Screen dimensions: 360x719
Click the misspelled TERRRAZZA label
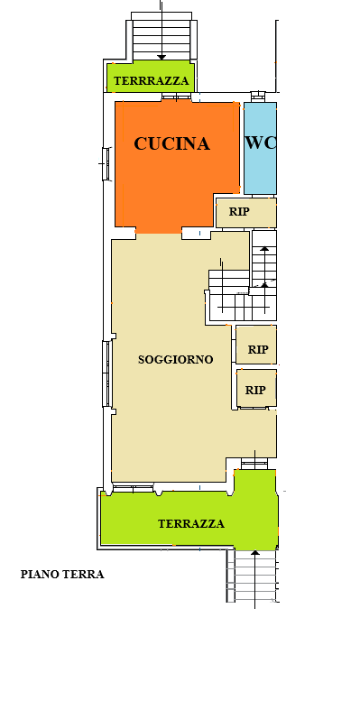click(152, 80)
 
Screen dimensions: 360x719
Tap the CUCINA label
click(172, 143)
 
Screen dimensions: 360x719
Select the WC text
click(261, 143)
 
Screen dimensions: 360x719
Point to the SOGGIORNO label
click(176, 359)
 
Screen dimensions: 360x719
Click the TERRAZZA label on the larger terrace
click(191, 523)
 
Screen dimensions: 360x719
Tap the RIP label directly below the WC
click(239, 212)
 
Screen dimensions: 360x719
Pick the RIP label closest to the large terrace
click(255, 391)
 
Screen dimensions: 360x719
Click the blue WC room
click(260, 148)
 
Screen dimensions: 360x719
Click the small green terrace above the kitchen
click(151, 77)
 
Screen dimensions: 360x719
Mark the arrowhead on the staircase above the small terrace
click(162, 58)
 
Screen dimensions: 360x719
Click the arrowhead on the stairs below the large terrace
click(255, 553)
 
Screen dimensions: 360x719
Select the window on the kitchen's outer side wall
click(106, 163)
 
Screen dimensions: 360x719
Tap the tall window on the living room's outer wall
click(106, 373)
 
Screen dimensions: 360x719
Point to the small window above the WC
click(258, 96)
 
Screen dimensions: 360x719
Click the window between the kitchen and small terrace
click(176, 97)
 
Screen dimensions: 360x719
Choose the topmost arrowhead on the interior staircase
click(264, 249)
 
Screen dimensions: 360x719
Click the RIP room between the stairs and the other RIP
click(256, 345)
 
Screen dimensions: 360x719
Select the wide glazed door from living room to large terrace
click(133, 488)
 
